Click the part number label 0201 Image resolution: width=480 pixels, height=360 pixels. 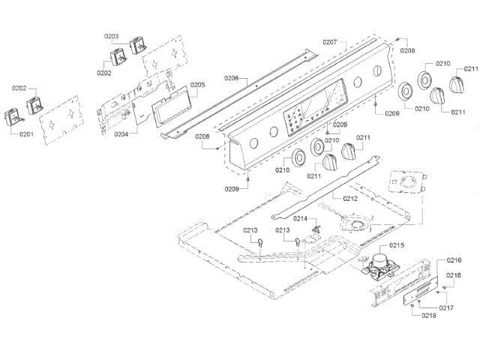26,134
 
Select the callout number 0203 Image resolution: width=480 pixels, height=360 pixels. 111,36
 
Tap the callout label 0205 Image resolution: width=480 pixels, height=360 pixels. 196,85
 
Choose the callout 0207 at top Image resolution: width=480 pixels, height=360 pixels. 330,42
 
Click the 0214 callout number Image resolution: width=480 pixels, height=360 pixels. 300,218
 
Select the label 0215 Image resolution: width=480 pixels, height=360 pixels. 396,245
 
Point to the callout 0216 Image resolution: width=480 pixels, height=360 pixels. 454,259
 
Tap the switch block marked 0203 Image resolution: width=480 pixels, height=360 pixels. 136,45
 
